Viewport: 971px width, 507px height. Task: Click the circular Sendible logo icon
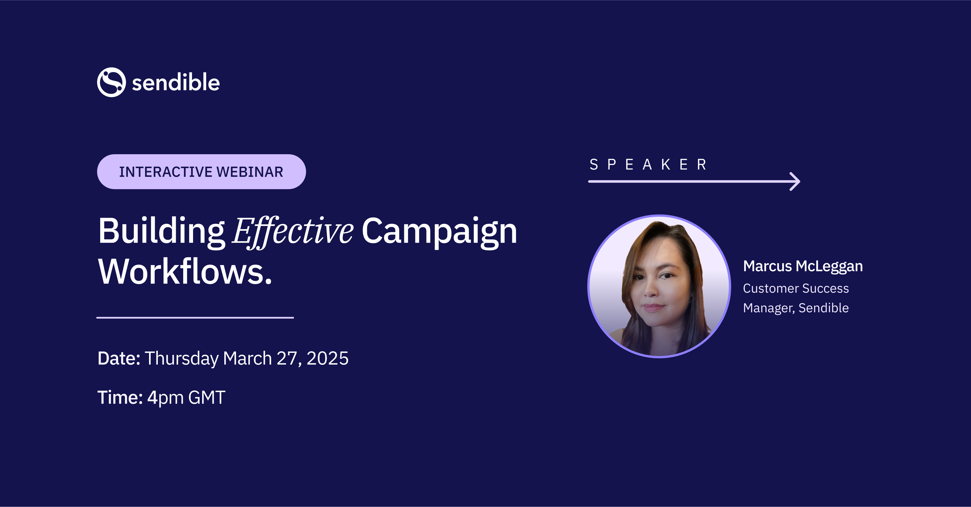[x=111, y=82]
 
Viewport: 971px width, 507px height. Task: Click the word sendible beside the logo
[x=176, y=83]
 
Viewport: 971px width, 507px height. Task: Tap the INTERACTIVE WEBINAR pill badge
[x=201, y=172]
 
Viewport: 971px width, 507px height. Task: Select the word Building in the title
[x=161, y=231]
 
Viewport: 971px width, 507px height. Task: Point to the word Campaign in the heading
[x=439, y=231]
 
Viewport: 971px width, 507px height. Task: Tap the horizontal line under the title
[x=195, y=318]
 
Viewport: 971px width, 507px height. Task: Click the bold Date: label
[x=119, y=358]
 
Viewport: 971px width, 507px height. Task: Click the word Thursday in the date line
[x=181, y=358]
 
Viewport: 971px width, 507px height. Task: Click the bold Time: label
[x=120, y=397]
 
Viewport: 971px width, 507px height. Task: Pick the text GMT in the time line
[x=207, y=397]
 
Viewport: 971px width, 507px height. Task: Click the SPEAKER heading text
[x=648, y=165]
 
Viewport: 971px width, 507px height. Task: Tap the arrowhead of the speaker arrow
[x=795, y=182]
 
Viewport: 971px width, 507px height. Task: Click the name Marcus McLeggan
[x=803, y=266]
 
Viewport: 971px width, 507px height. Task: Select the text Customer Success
[x=796, y=288]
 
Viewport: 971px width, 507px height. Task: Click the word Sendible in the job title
[x=823, y=308]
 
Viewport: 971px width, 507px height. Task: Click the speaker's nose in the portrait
[x=651, y=290]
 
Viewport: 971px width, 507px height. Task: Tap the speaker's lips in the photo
[x=653, y=307]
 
